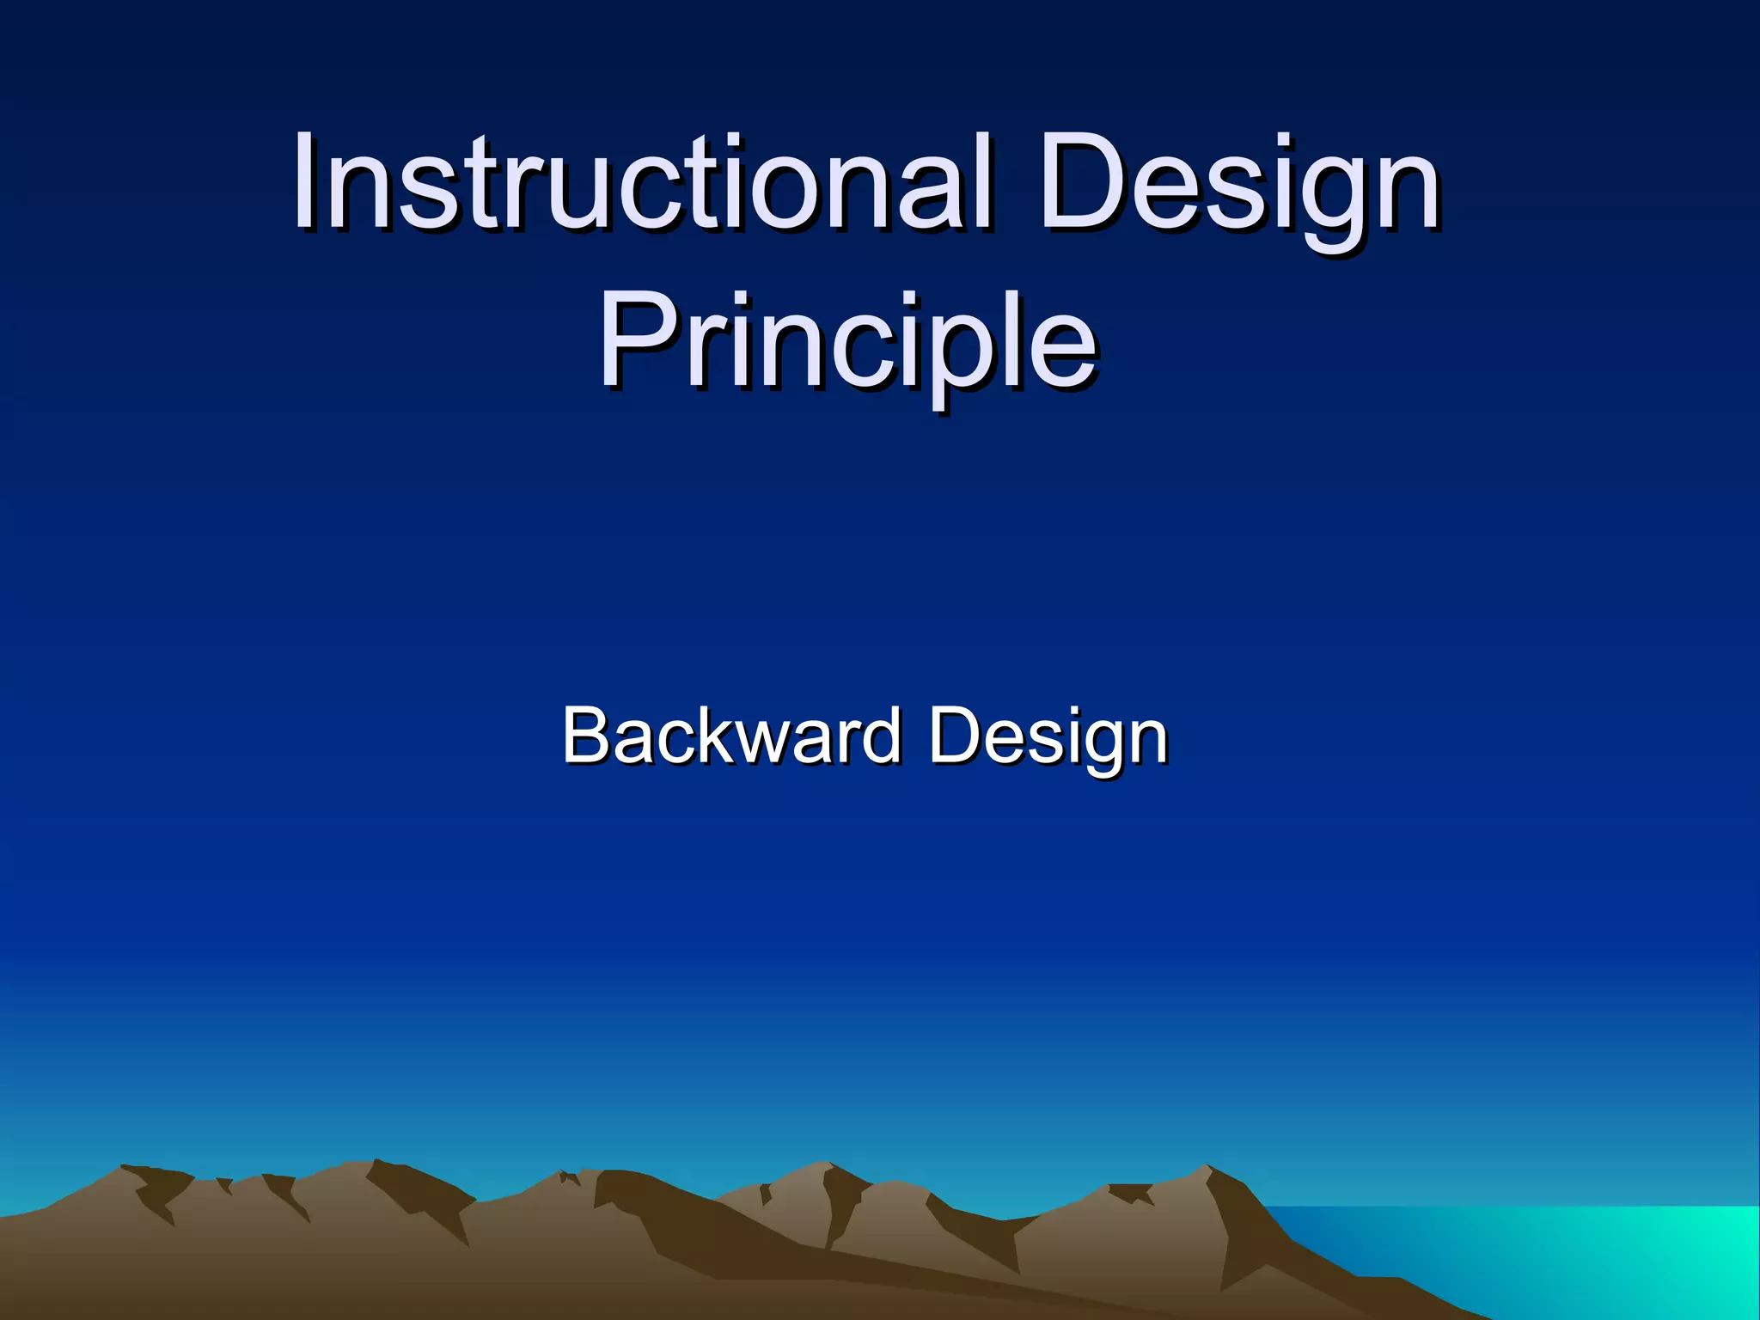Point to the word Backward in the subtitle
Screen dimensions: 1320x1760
[x=730, y=736]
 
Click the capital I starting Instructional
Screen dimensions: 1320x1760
[x=304, y=182]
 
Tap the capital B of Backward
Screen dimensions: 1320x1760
[x=585, y=736]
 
